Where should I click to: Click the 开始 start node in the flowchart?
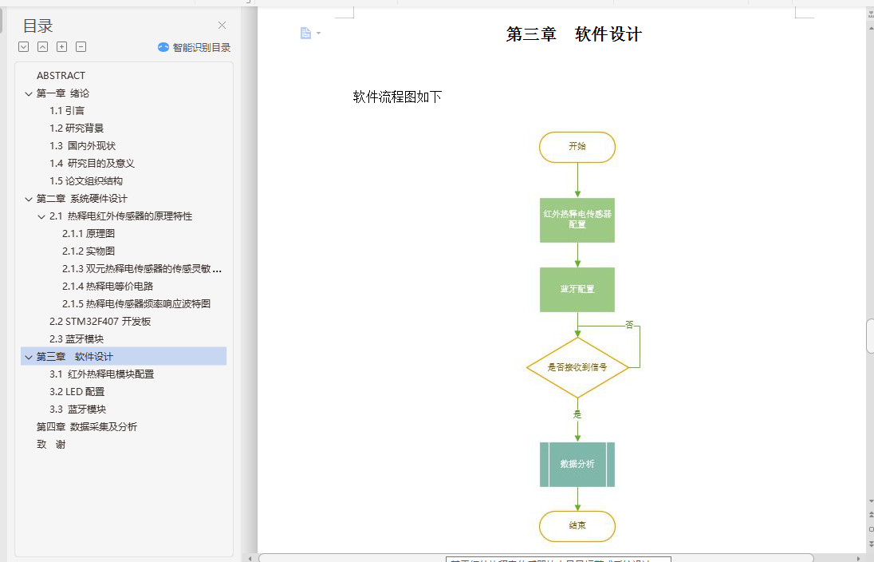(x=577, y=147)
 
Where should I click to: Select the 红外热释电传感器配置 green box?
(x=577, y=220)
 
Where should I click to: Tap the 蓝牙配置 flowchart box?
(x=577, y=289)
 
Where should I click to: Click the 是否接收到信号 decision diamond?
(x=577, y=367)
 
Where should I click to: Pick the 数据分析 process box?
(x=577, y=464)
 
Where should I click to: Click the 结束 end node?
(x=577, y=525)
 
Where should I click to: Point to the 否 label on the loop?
(x=629, y=325)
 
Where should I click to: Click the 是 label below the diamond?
(x=577, y=414)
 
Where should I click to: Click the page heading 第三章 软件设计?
(x=573, y=34)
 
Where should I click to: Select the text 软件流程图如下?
(x=397, y=97)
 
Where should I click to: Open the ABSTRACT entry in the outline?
(x=61, y=76)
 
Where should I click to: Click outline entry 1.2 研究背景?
(x=77, y=128)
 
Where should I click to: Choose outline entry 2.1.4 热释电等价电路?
(x=108, y=286)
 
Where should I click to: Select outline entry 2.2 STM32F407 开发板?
(x=100, y=321)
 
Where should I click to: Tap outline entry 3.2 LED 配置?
(x=77, y=391)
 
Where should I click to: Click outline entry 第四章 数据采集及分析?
(x=87, y=426)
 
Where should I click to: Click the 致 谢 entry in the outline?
(x=51, y=444)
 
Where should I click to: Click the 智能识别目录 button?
(x=195, y=47)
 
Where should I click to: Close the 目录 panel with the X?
(x=222, y=26)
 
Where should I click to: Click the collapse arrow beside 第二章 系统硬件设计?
(x=29, y=199)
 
